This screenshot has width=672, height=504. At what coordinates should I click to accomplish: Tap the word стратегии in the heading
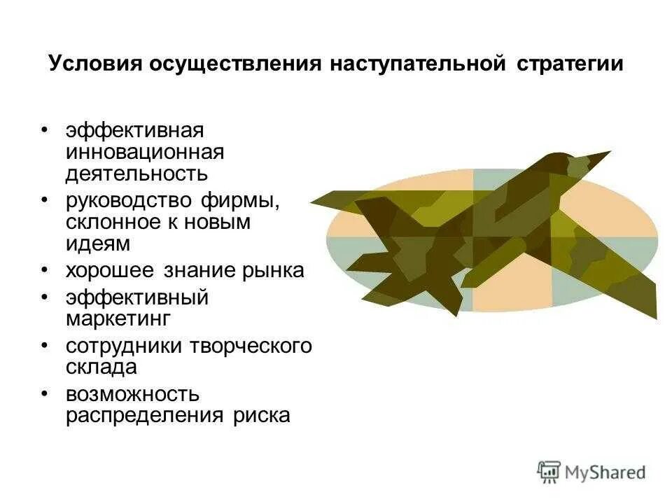click(x=570, y=63)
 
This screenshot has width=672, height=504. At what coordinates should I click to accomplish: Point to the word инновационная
click(x=145, y=151)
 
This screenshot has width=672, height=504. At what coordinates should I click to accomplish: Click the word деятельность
click(x=136, y=172)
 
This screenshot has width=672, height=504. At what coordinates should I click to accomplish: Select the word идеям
click(x=98, y=244)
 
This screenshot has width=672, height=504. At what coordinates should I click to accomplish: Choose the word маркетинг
click(x=118, y=318)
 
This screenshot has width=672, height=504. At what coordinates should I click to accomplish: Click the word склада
click(x=101, y=367)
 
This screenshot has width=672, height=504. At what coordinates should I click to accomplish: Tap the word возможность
click(x=132, y=394)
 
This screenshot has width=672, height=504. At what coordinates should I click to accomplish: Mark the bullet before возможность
click(x=45, y=393)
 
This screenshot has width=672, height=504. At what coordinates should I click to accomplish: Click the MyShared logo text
click(x=605, y=472)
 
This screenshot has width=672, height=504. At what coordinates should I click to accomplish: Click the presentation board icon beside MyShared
click(x=549, y=472)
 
